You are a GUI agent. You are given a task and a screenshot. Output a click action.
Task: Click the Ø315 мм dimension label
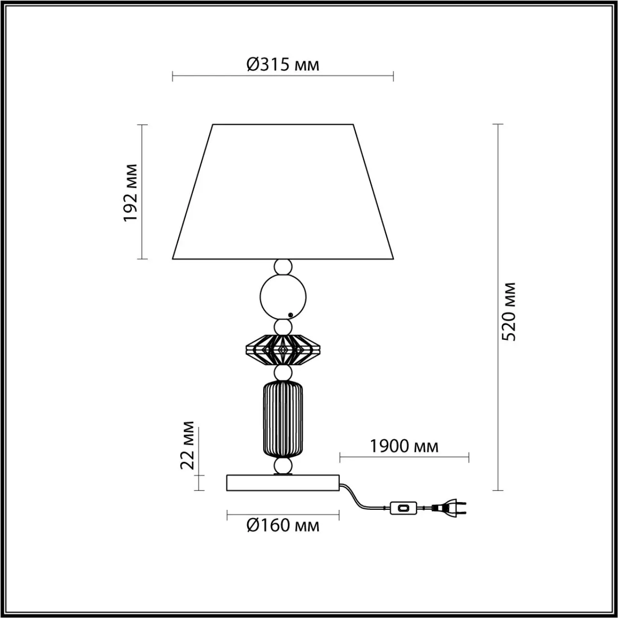pyautogui.click(x=283, y=65)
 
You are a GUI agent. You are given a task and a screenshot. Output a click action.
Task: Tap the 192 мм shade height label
pyautogui.click(x=131, y=193)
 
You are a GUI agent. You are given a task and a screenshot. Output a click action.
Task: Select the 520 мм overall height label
pyautogui.click(x=508, y=311)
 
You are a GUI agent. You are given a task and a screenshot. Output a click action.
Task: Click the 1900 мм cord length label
pyautogui.click(x=404, y=446)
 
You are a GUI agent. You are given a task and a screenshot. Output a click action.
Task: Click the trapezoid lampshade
pyautogui.click(x=283, y=192)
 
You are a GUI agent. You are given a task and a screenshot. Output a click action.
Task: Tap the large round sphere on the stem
pyautogui.click(x=283, y=297)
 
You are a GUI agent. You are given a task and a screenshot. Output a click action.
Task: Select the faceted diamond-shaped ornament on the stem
pyautogui.click(x=283, y=350)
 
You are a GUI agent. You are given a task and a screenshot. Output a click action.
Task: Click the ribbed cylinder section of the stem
pyautogui.click(x=283, y=419)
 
